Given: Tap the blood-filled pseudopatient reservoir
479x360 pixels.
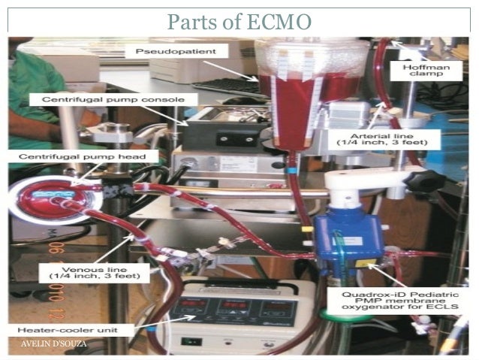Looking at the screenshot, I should [x=309, y=90].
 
